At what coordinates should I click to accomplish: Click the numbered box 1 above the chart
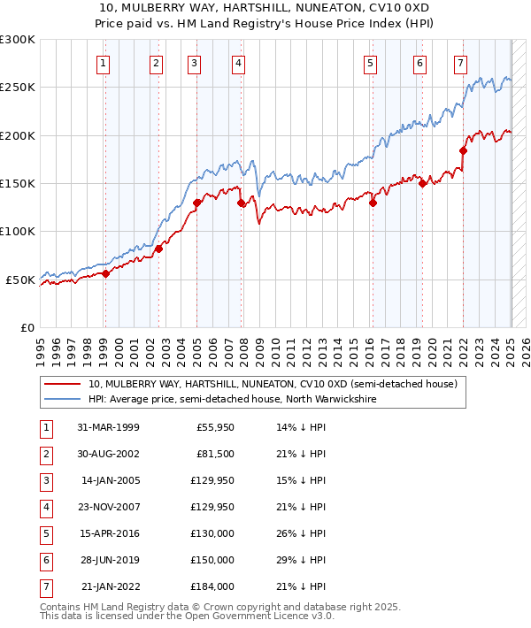pyautogui.click(x=104, y=63)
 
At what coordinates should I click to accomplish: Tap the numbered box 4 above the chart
pyautogui.click(x=239, y=63)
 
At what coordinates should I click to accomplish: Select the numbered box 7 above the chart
pyautogui.click(x=460, y=63)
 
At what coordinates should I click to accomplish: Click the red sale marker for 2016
pyautogui.click(x=373, y=203)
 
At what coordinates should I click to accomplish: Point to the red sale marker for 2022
pyautogui.click(x=463, y=150)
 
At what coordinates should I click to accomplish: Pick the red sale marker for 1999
pyautogui.click(x=105, y=273)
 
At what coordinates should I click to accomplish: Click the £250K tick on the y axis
pyautogui.click(x=18, y=88)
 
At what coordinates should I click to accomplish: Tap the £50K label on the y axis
pyautogui.click(x=21, y=280)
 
